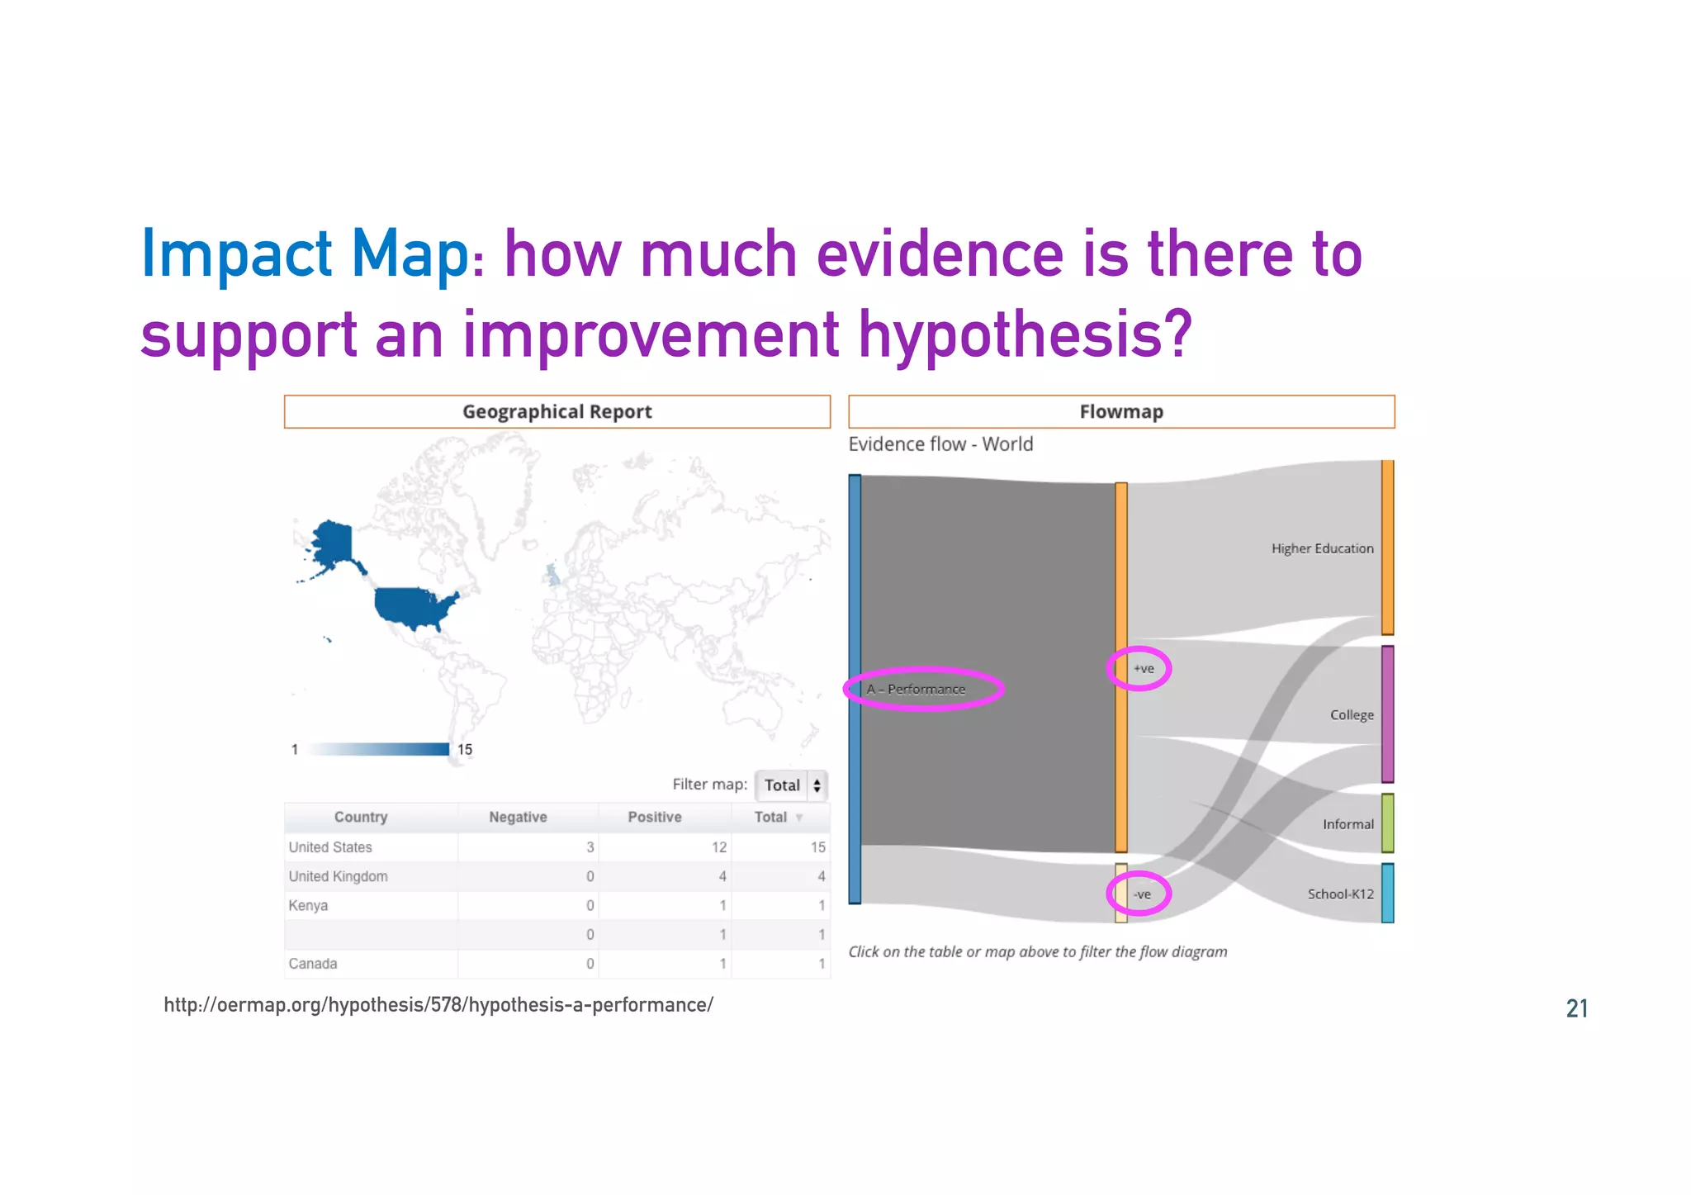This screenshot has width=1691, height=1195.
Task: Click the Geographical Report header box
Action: click(557, 411)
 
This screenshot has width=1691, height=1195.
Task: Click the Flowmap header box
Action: click(1120, 411)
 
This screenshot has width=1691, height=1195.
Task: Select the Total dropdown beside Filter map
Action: click(791, 785)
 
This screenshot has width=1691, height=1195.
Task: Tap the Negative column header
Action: click(518, 817)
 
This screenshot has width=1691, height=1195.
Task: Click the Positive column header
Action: click(654, 817)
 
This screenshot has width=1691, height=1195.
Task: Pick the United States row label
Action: click(330, 847)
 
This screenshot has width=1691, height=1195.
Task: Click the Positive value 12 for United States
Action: click(719, 847)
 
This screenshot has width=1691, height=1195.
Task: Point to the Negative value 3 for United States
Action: click(590, 847)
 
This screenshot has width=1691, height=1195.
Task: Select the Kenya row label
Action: click(308, 905)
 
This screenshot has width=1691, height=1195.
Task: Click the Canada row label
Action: click(312, 964)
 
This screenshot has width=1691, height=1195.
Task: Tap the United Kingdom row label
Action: click(338, 876)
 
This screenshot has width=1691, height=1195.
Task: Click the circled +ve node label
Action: click(1143, 669)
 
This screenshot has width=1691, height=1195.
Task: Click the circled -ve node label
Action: click(1142, 894)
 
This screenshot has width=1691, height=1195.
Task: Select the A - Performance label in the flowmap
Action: click(916, 690)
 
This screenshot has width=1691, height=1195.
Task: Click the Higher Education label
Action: click(1322, 548)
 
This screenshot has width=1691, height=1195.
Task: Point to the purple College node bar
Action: click(1387, 714)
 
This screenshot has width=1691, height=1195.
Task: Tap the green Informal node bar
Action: click(1387, 823)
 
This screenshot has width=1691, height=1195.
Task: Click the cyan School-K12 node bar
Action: click(1387, 894)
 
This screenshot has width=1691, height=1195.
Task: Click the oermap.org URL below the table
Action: click(438, 1005)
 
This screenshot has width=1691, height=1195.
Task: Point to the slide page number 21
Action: click(1576, 1008)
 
